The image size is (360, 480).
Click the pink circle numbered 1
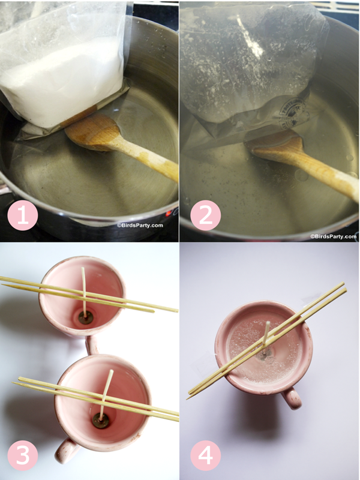pos(23,215)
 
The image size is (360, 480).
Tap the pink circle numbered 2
pos(205,215)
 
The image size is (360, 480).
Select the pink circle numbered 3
pos(23,455)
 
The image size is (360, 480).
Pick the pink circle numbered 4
pos(205,455)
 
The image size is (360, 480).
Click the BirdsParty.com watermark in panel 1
pos(140,226)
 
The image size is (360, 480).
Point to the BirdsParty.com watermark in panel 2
pos(334,236)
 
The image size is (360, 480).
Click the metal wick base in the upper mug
pos(85,317)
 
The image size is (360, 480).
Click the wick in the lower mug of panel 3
pos(106,394)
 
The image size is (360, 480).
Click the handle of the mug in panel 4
pos(292,398)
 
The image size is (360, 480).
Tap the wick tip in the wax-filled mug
pos(268,322)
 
